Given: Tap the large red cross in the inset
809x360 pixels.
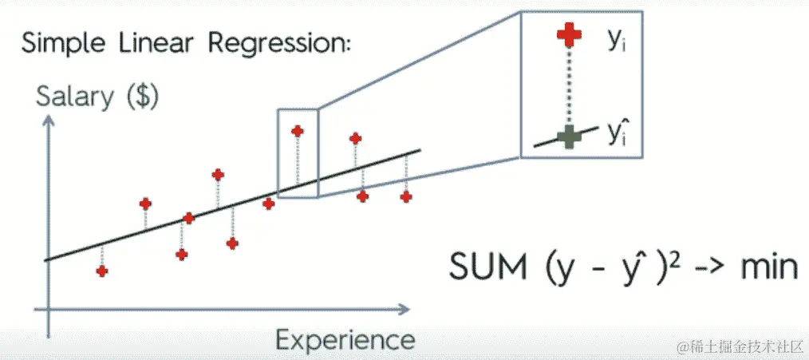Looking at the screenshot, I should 568,37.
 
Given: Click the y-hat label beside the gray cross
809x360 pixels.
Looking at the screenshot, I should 615,133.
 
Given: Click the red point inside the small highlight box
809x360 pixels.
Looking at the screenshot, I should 298,131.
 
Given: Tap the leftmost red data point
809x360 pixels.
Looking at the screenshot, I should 102,271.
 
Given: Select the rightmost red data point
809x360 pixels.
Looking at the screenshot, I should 407,196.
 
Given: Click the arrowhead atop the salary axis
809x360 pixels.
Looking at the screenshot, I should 49,117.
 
